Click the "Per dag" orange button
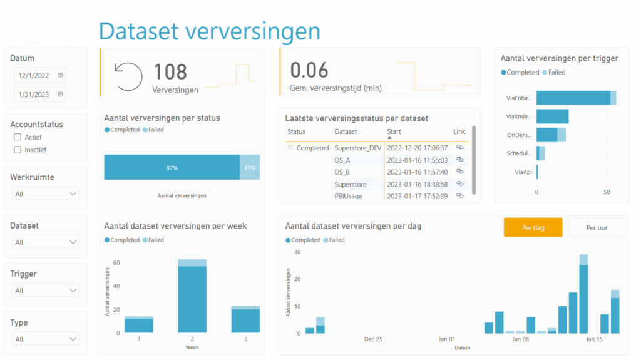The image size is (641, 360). point(533,227)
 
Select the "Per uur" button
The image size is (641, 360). point(596,227)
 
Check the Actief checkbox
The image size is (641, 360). point(18,137)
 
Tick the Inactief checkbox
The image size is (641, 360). point(18,150)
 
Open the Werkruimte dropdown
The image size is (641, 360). point(46,194)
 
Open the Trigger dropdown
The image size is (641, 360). point(46,291)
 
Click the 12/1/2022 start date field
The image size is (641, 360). point(34,75)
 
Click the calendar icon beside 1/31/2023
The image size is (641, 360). point(60,95)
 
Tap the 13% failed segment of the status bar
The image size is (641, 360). point(250,168)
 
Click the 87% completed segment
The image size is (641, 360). point(172,168)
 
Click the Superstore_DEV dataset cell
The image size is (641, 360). point(357,148)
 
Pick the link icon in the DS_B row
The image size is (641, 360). point(459,172)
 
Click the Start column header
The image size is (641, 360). point(394,132)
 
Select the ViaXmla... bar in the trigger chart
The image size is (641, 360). point(552,116)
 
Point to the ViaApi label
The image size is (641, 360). point(523,172)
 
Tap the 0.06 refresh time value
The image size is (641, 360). point(309,69)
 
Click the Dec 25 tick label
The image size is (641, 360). point(373,339)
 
